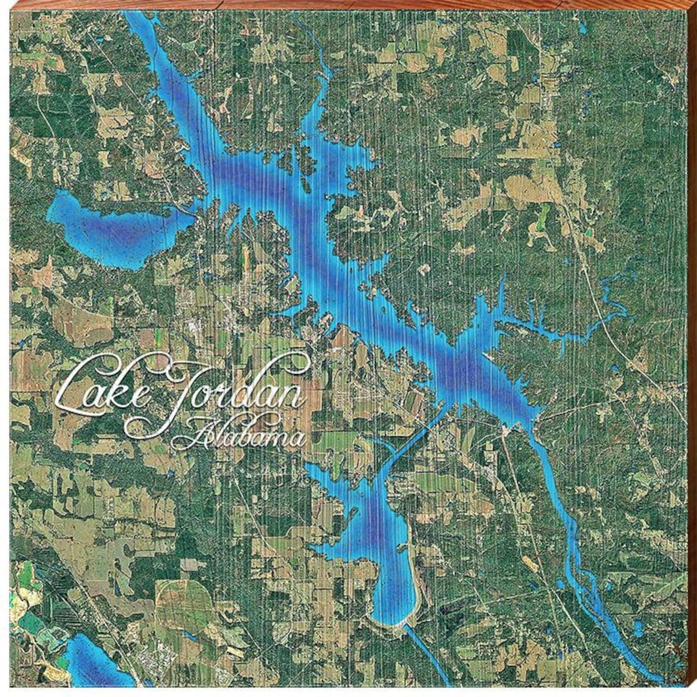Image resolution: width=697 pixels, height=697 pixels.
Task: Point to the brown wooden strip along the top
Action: coord(348,5)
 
